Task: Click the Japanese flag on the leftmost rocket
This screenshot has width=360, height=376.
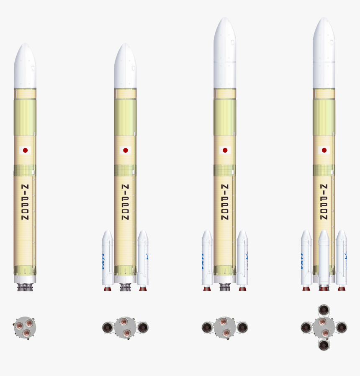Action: (x=25, y=150)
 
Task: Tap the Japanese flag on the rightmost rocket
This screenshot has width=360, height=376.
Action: (x=324, y=150)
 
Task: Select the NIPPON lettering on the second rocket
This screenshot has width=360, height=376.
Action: (x=125, y=202)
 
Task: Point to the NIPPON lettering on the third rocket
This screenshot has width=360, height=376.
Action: (x=225, y=202)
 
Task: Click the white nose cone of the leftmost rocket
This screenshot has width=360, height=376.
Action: (x=25, y=67)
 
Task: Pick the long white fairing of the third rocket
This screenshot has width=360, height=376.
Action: (x=225, y=54)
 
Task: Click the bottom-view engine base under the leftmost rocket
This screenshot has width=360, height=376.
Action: (x=25, y=327)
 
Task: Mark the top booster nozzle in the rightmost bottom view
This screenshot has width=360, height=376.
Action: (x=324, y=310)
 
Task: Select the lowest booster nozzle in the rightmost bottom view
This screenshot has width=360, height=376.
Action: (x=324, y=345)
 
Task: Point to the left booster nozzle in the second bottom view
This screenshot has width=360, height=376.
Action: (x=108, y=327)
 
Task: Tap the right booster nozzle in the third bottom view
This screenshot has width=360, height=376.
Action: (x=242, y=327)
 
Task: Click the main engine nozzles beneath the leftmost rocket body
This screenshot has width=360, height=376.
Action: (x=25, y=287)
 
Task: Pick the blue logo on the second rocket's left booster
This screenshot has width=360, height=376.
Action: (x=103, y=261)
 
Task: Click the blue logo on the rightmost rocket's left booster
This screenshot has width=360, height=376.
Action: (x=302, y=261)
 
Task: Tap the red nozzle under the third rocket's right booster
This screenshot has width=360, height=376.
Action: (x=242, y=289)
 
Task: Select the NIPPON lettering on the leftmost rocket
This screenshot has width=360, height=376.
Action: (x=25, y=202)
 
